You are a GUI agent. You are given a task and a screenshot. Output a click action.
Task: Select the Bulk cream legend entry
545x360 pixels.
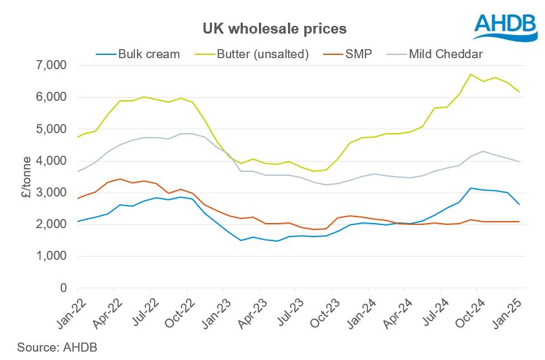(143, 54)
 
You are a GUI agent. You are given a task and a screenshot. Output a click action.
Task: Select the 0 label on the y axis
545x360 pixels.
(63, 288)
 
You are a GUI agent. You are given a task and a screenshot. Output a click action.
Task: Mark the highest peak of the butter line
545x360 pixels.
(471, 74)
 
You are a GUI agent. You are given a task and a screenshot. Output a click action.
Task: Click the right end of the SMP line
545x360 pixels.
(519, 222)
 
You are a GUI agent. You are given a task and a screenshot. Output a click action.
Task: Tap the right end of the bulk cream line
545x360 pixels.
(519, 204)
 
